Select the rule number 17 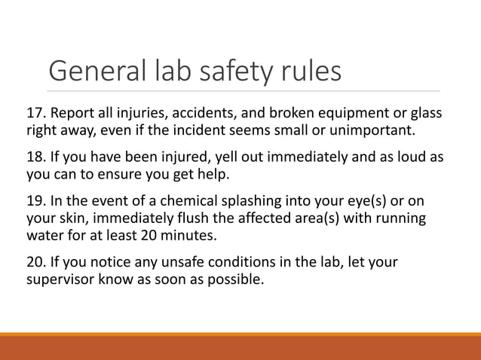(x=36, y=114)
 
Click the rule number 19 (x=36, y=202)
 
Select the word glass (x=424, y=114)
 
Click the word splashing (x=234, y=202)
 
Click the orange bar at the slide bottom (x=240, y=347)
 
